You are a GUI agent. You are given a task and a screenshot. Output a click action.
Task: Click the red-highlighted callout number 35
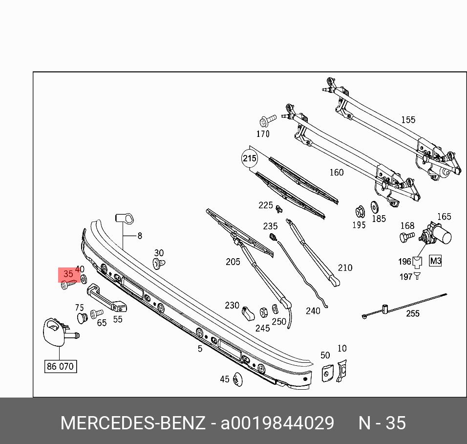(x=68, y=274)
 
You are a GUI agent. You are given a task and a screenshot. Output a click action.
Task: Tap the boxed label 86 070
(x=61, y=366)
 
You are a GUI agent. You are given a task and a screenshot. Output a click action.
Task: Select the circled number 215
(x=249, y=158)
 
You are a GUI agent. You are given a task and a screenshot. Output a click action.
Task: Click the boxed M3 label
(x=435, y=261)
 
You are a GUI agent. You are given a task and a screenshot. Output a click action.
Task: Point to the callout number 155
(x=408, y=120)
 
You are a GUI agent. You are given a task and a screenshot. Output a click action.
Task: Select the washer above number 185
(x=376, y=207)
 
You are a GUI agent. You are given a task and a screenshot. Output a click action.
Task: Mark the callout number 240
(x=313, y=311)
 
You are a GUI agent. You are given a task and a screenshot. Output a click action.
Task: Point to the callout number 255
(x=413, y=313)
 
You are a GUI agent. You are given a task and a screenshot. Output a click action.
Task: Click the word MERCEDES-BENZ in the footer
(x=132, y=423)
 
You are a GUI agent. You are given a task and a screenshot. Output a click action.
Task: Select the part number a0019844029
(x=277, y=423)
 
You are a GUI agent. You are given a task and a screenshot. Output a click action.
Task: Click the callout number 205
(x=233, y=262)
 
